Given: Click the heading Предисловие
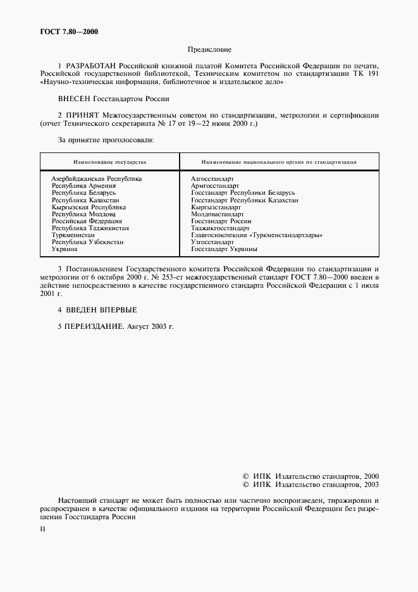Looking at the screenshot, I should [x=209, y=49].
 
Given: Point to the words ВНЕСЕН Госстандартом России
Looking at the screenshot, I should [x=114, y=99].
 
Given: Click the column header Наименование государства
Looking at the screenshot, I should [x=109, y=162].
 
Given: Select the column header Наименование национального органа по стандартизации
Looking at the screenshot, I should [x=279, y=162].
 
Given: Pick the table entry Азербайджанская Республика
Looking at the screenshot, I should [x=97, y=179].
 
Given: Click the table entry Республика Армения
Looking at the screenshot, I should [x=83, y=186].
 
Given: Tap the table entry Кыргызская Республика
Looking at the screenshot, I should [x=89, y=207].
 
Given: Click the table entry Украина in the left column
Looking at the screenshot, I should [x=65, y=249].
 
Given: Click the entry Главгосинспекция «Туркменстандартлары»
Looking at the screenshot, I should [x=257, y=235].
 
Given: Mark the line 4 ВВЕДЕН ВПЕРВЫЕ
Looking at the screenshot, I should [x=97, y=310].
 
